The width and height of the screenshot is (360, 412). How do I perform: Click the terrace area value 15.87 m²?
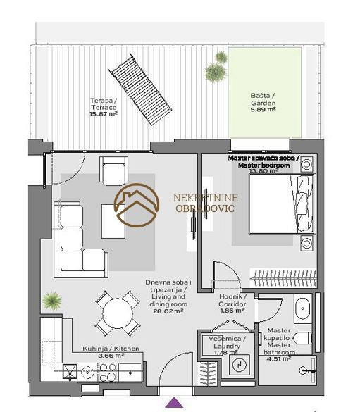click(x=104, y=114)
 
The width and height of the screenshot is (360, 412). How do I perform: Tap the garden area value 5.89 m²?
click(x=263, y=110)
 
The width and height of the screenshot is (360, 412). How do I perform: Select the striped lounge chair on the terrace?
click(x=139, y=89)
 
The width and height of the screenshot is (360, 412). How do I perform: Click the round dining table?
click(x=118, y=313)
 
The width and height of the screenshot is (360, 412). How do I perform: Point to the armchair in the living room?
click(x=114, y=171)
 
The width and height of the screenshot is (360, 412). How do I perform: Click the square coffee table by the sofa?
click(x=113, y=221)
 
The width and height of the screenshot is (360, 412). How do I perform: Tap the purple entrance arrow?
click(x=174, y=402)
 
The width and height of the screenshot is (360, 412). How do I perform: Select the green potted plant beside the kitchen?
click(x=52, y=301)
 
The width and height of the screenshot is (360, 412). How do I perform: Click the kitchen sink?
click(x=70, y=372)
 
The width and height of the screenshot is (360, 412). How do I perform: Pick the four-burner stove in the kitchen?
click(x=108, y=373)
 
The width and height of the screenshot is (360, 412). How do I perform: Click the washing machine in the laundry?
click(x=240, y=364)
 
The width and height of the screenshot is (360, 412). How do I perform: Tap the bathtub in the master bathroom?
click(x=303, y=309)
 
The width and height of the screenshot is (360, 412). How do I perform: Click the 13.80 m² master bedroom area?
click(x=263, y=171)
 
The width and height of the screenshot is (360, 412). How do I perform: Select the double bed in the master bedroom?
click(x=281, y=204)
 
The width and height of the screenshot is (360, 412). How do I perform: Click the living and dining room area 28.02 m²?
click(x=168, y=311)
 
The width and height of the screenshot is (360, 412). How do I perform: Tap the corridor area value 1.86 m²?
click(x=232, y=311)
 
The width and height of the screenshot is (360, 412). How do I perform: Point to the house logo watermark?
click(x=137, y=205)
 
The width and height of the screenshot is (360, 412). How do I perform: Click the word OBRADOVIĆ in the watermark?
click(x=205, y=208)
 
